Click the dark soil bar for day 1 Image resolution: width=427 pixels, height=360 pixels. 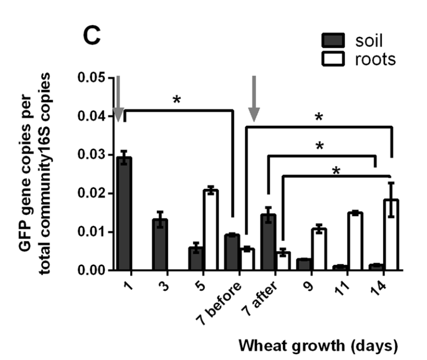point(124,214)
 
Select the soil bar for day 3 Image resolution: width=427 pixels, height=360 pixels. point(160,245)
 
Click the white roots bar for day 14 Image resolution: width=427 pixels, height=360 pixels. point(391,235)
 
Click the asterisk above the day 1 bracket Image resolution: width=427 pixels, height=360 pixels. point(177,100)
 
